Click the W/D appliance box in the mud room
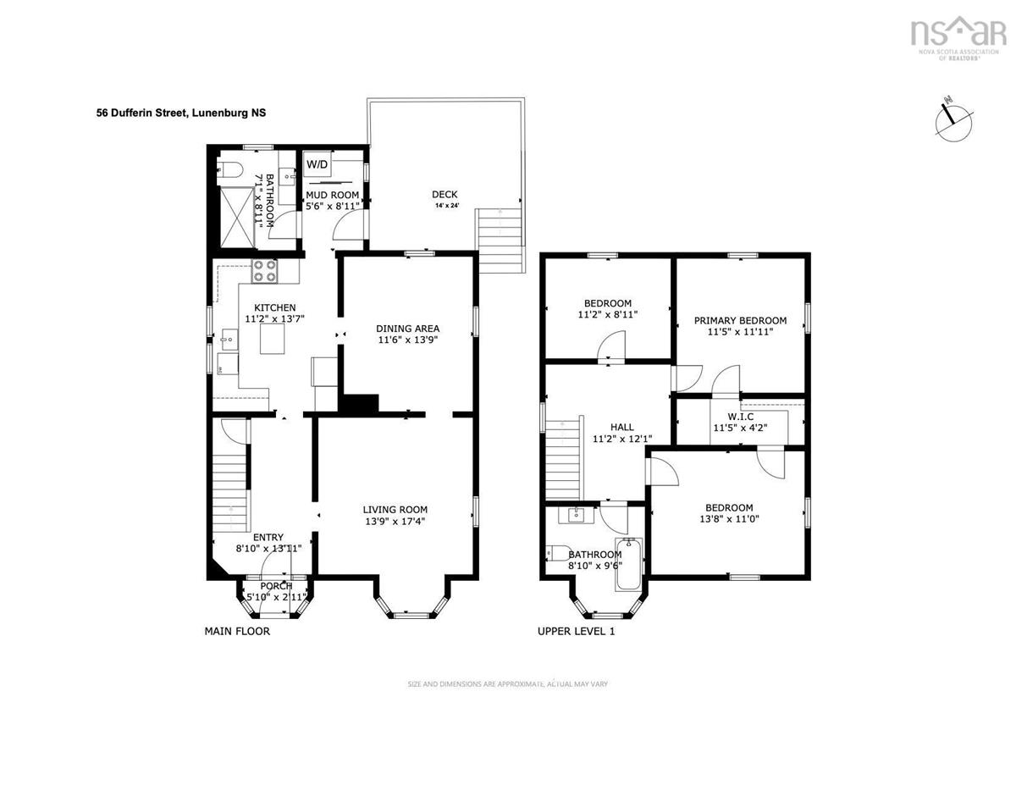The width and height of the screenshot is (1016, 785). pyautogui.click(x=317, y=164)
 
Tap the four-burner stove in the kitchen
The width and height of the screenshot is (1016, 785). pyautogui.click(x=265, y=271)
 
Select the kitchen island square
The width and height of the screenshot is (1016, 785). pyautogui.click(x=273, y=339)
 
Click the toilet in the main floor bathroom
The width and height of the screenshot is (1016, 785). pyautogui.click(x=229, y=169)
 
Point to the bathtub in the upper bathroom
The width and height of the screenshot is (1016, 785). pyautogui.click(x=629, y=563)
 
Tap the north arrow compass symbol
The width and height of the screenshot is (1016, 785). pyautogui.click(x=953, y=124)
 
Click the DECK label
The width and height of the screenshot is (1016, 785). pyautogui.click(x=444, y=194)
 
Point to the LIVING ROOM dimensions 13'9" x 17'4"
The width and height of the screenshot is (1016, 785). pyautogui.click(x=395, y=521)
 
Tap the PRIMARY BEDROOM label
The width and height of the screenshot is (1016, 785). pyautogui.click(x=740, y=320)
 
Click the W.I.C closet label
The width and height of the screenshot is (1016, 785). pyautogui.click(x=740, y=416)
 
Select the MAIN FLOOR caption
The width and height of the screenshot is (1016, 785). pyautogui.click(x=237, y=631)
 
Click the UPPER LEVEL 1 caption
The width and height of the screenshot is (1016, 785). pyautogui.click(x=576, y=631)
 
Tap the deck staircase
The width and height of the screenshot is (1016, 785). pyautogui.click(x=499, y=240)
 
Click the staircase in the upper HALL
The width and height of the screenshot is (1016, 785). pyautogui.click(x=563, y=460)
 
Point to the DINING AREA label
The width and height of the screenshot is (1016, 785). pyautogui.click(x=408, y=329)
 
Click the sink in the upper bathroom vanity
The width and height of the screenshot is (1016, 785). pyautogui.click(x=576, y=516)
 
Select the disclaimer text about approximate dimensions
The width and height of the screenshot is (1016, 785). pyautogui.click(x=507, y=684)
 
